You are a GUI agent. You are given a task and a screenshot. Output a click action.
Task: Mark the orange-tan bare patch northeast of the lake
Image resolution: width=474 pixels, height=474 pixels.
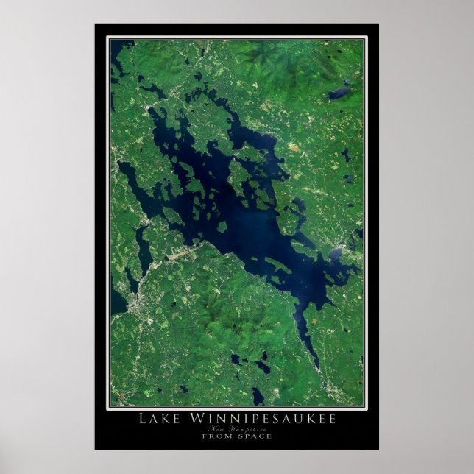coord(294,147)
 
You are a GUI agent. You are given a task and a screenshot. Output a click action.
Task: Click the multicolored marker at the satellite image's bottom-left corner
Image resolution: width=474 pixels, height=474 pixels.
coord(116,400)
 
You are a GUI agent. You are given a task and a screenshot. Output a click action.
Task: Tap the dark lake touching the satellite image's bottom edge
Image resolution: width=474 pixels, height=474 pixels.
coord(258,397)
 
